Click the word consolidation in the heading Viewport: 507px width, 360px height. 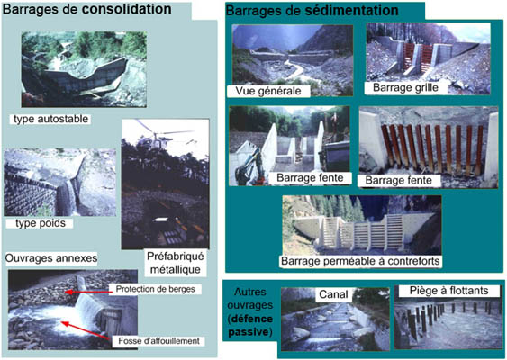click(126, 9)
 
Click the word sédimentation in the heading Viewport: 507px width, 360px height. click(352, 11)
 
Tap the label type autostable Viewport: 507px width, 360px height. click(51, 119)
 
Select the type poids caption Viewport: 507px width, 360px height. click(41, 223)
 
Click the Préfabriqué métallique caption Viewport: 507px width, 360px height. click(176, 263)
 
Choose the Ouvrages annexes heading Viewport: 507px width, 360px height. click(51, 258)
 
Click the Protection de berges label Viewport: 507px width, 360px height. click(156, 289)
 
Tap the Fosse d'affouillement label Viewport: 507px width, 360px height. click(158, 341)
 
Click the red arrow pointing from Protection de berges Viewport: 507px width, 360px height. click(88, 292)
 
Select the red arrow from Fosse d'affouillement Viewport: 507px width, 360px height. click(85, 330)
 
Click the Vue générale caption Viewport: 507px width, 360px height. click(268, 91)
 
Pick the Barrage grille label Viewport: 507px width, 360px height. click(405, 87)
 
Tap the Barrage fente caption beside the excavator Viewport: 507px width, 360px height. click(310, 177)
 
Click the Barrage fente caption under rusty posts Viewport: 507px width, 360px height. click(398, 180)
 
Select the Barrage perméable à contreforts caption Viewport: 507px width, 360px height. click(360, 261)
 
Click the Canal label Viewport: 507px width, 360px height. click(333, 294)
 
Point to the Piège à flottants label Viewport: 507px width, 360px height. click(448, 291)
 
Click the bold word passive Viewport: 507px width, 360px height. click(249, 332)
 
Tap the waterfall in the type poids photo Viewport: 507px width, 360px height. click(70, 197)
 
